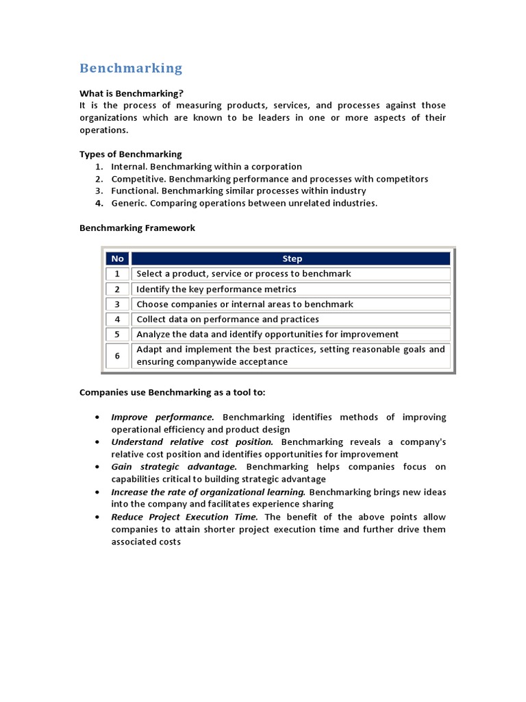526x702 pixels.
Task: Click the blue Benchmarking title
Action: (x=131, y=68)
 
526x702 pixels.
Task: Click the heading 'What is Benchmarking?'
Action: (x=131, y=93)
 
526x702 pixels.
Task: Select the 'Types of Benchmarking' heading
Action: (x=131, y=154)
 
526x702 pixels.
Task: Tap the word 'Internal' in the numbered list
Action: (x=128, y=167)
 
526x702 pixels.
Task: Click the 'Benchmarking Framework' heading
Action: (x=137, y=228)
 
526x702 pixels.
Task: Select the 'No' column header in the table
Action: (x=117, y=258)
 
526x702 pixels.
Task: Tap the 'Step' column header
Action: (x=291, y=258)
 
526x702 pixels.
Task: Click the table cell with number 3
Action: (x=117, y=304)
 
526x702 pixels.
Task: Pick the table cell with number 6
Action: (x=117, y=356)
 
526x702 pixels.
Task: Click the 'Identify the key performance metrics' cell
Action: (x=216, y=289)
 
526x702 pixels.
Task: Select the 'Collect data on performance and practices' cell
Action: (x=227, y=319)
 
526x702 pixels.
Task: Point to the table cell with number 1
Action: (x=117, y=274)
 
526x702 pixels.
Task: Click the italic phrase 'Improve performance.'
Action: (x=163, y=417)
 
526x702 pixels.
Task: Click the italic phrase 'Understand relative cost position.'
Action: (x=192, y=442)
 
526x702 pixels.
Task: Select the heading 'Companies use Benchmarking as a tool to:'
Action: (x=172, y=393)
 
